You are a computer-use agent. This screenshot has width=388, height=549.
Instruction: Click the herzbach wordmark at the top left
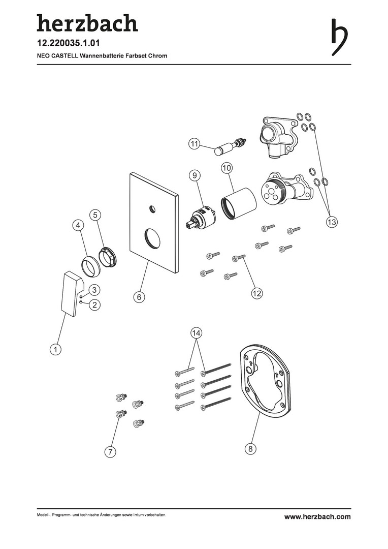pyautogui.click(x=87, y=23)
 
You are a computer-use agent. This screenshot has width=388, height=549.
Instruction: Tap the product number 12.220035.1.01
pyautogui.click(x=68, y=43)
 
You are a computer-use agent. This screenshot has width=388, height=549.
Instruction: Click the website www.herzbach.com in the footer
pyautogui.click(x=317, y=516)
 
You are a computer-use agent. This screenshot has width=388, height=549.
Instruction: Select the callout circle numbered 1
pyautogui.click(x=55, y=349)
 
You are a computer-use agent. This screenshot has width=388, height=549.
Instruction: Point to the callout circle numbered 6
pyautogui.click(x=139, y=297)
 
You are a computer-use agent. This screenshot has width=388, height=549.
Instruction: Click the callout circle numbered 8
pyautogui.click(x=250, y=449)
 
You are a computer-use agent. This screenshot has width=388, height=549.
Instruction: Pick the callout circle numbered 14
pyautogui.click(x=196, y=333)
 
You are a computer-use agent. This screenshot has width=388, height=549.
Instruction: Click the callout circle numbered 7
pyautogui.click(x=110, y=452)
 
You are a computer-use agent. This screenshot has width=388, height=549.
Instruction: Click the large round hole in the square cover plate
pyautogui.click(x=152, y=238)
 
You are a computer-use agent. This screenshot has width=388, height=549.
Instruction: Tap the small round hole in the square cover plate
pyautogui.click(x=152, y=209)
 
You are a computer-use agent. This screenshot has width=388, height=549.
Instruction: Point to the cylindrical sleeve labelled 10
pyautogui.click(x=238, y=204)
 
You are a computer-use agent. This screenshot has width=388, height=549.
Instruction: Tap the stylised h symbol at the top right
pyautogui.click(x=339, y=37)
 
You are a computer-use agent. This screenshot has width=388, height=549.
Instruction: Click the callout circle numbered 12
pyautogui.click(x=257, y=293)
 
